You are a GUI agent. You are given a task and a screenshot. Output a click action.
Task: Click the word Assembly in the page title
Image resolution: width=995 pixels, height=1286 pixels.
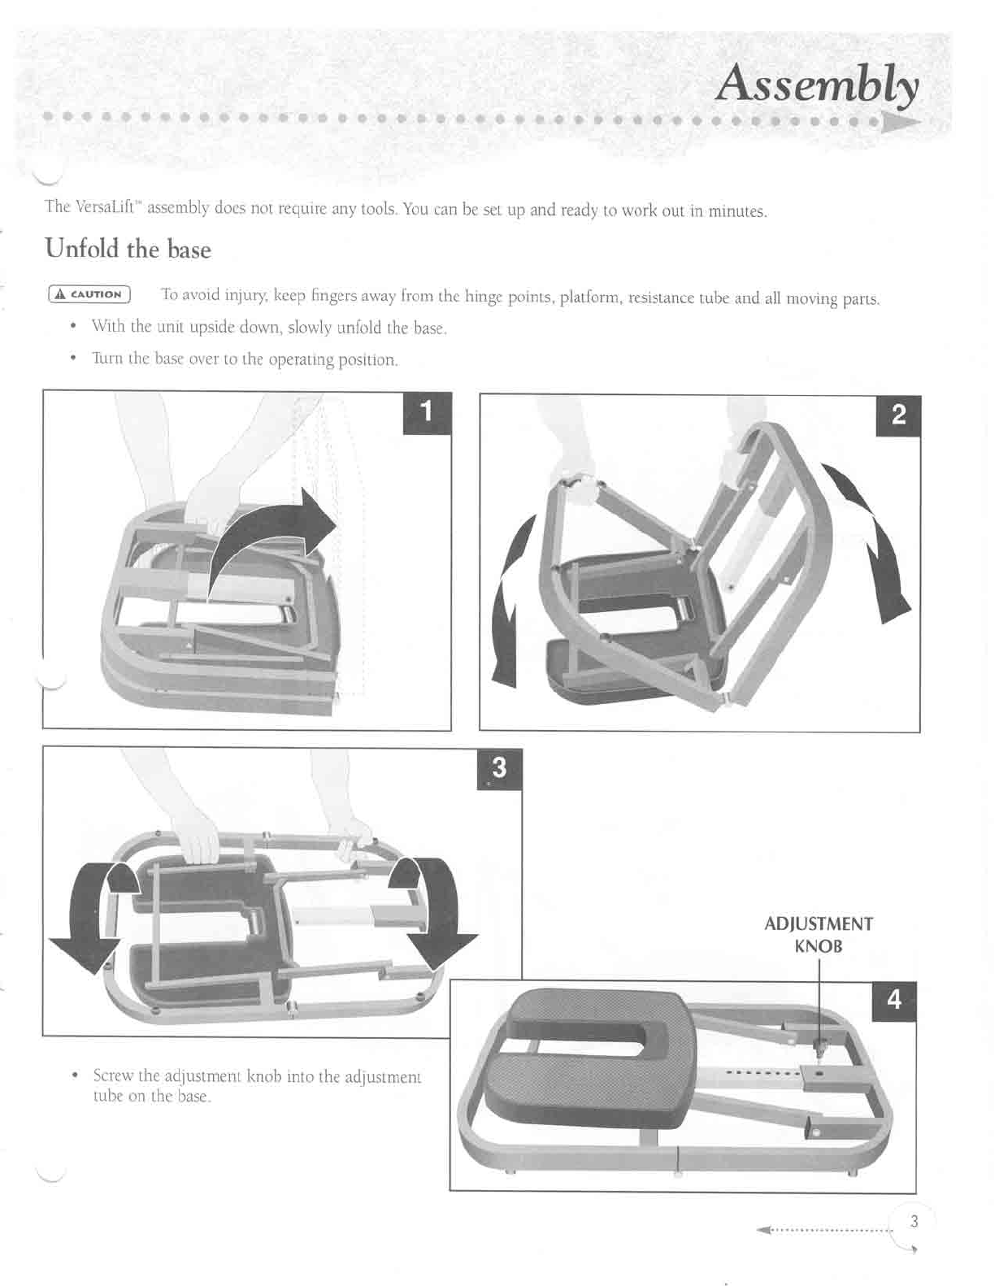coord(817,85)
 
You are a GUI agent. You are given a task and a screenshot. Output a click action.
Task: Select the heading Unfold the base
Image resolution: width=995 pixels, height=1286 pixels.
coord(128,249)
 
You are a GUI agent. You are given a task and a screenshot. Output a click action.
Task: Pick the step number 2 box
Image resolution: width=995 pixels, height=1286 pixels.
coord(897,415)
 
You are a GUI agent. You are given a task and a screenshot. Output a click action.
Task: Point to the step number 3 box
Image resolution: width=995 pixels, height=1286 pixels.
coord(498,768)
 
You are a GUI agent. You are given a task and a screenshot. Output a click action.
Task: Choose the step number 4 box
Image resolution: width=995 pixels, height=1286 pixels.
coord(893,999)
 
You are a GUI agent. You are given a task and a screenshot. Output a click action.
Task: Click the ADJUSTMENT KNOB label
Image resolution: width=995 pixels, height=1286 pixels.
coord(819,935)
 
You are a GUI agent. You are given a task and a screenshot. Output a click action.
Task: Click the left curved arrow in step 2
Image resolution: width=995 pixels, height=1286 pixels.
coord(509,602)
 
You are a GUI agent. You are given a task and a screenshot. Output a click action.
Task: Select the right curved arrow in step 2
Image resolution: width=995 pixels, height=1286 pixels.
coord(874,545)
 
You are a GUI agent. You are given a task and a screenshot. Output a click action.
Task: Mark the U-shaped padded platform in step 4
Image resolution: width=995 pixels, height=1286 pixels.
coord(585,1049)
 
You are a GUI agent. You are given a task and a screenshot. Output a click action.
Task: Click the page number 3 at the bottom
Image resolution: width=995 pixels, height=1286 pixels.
coord(914,1221)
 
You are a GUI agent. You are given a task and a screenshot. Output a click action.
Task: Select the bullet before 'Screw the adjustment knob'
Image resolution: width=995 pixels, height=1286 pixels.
coord(75,1075)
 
